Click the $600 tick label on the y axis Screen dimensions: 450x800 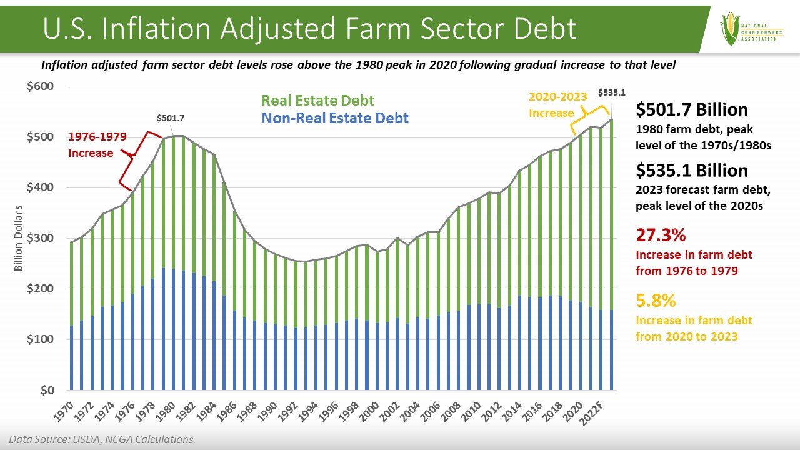point(39,86)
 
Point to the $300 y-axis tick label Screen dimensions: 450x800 point(39,238)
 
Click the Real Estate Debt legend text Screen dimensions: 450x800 point(317,101)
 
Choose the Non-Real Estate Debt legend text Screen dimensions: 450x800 point(335,117)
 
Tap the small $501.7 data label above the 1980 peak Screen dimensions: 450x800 point(170,117)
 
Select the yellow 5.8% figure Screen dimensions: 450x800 point(656,301)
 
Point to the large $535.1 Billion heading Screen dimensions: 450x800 point(691,171)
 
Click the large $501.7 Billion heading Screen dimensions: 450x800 point(691,110)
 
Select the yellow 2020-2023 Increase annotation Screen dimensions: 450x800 point(557,104)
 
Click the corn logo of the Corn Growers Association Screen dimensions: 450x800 point(729,29)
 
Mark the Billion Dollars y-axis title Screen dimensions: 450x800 point(19,238)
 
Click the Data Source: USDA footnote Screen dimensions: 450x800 point(102,439)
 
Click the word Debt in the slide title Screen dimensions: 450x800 point(535,29)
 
